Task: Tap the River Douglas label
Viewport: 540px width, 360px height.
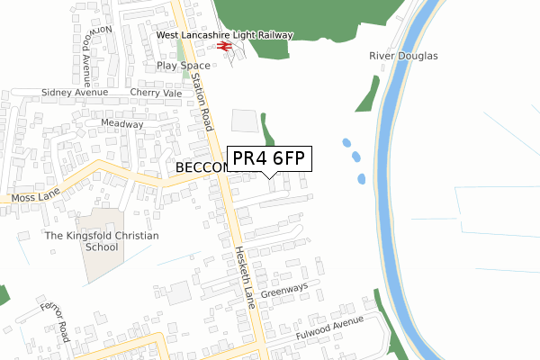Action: (x=403, y=56)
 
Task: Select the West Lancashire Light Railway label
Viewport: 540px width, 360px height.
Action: (x=225, y=34)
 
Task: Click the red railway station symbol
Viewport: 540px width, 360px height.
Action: (x=225, y=47)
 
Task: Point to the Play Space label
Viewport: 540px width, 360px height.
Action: (x=183, y=66)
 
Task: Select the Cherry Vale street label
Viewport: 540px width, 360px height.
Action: (x=156, y=93)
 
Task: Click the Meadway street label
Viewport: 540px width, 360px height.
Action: (x=122, y=123)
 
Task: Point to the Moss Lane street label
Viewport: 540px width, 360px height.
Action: (x=33, y=195)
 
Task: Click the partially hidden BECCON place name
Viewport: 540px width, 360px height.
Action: (x=199, y=168)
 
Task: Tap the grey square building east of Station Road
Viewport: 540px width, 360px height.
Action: (x=244, y=121)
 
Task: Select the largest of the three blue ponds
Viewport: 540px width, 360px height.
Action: (x=346, y=143)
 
